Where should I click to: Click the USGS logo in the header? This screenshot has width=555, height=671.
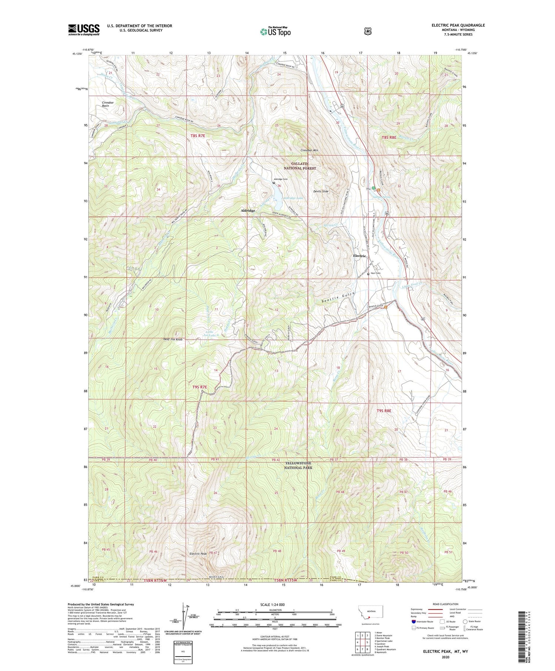(x=84, y=30)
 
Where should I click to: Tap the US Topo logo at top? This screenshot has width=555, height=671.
(x=275, y=31)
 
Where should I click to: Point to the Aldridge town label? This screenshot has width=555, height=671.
(x=248, y=211)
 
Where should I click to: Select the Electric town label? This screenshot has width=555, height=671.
(x=359, y=256)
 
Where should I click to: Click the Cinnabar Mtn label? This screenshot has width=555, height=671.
(x=309, y=151)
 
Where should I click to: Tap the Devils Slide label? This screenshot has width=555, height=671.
(x=320, y=191)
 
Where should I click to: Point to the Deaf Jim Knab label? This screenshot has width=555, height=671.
(x=173, y=339)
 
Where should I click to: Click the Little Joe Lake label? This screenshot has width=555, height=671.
(x=210, y=333)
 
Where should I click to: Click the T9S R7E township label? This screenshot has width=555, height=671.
(x=199, y=387)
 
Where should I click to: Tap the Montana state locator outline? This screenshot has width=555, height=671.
(x=370, y=612)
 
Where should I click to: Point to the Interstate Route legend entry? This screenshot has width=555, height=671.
(x=423, y=621)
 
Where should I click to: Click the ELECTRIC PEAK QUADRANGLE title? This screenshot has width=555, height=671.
(x=458, y=25)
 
